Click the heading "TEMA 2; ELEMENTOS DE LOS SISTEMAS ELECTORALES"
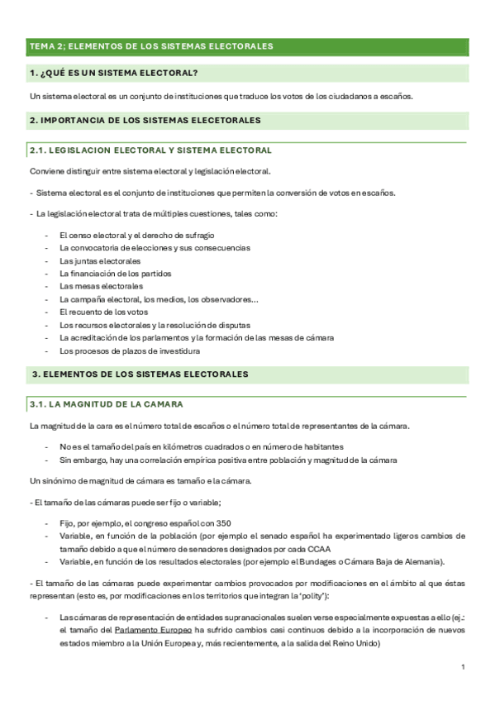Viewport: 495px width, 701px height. tap(150, 46)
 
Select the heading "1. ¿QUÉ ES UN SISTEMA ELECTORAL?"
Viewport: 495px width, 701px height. tap(113, 74)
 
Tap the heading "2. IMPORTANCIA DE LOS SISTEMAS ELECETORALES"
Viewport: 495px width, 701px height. tap(145, 121)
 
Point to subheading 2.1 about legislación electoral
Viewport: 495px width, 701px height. tap(150, 150)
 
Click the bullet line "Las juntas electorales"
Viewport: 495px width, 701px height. tap(100, 260)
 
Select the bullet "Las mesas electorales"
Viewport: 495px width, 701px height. tap(101, 286)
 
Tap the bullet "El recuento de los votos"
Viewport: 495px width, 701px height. tap(103, 312)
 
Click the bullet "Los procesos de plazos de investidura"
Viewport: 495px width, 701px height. tap(130, 350)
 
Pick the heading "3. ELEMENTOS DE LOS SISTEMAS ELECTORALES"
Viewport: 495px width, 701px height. tap(140, 374)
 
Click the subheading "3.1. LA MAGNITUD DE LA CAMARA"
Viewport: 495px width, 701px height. tap(106, 404)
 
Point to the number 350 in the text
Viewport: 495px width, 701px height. tap(222, 522)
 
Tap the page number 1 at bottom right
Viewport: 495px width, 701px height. tap(463, 667)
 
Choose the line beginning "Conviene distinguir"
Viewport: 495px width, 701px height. tap(150, 171)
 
